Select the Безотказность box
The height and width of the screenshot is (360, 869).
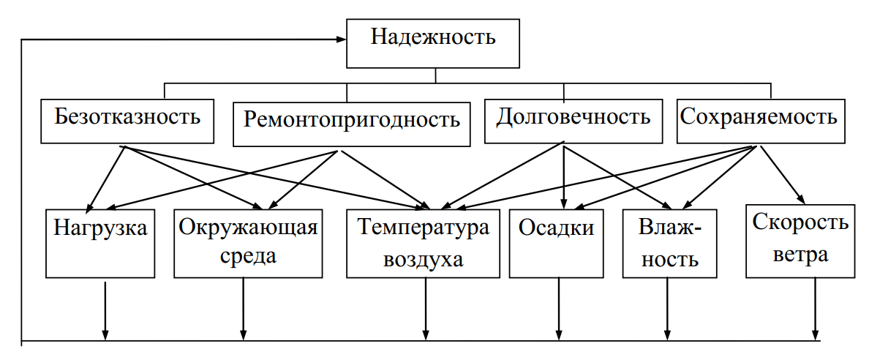[127, 120]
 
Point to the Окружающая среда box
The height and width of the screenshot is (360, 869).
[248, 242]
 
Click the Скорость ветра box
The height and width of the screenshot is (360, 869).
[800, 240]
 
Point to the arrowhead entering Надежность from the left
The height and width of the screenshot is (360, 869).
[340, 38]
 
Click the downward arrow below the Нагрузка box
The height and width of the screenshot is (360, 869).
[105, 311]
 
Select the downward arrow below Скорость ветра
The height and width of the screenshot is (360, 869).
[816, 311]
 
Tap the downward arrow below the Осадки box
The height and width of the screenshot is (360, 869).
[559, 311]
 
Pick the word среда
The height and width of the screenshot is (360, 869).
[248, 257]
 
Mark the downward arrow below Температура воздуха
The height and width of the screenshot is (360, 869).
[426, 311]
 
